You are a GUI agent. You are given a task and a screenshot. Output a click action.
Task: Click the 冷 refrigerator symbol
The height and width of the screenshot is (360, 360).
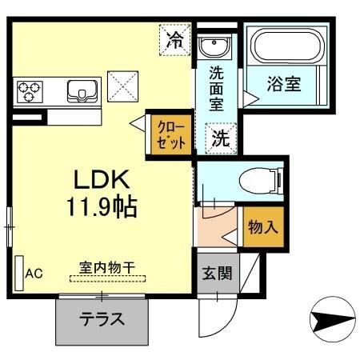pos(174,40)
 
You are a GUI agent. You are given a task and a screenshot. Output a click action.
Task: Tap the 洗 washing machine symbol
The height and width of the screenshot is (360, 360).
pos(220,138)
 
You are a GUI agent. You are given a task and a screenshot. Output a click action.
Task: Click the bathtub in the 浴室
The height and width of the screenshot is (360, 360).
pos(284,47)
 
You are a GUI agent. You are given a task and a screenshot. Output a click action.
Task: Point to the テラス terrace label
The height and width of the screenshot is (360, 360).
pos(102,319)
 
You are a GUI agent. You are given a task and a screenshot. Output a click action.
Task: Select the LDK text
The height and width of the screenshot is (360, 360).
pos(97,179)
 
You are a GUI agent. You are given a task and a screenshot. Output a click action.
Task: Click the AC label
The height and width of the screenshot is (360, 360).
pos(34,274)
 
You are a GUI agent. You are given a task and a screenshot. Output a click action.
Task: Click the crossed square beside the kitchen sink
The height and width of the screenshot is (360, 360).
pos(122,84)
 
